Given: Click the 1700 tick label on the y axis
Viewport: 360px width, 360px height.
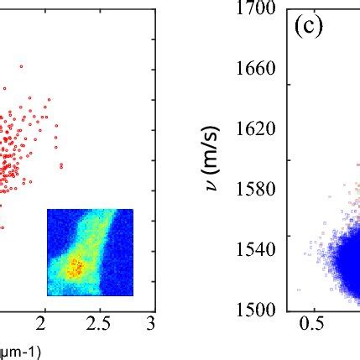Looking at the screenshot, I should pos(257,9).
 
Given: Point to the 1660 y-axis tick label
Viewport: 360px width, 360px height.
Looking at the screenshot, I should pos(257,69).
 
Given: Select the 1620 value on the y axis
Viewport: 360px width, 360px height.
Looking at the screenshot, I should pos(257,129).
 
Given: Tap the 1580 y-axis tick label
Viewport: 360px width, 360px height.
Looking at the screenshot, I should pos(257,189).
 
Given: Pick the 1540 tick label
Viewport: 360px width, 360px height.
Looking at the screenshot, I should pos(257,249).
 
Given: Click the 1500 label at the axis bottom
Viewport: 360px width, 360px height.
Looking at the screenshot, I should pos(257,310).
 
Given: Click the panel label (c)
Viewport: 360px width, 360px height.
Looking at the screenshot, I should pos(309,26).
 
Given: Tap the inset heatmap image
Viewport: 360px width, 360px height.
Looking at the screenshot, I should pos(90,252).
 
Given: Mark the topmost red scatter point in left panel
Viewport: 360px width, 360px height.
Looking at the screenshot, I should pos(21,66).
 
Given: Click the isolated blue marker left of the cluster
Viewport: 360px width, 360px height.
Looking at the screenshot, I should pos(299,290).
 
